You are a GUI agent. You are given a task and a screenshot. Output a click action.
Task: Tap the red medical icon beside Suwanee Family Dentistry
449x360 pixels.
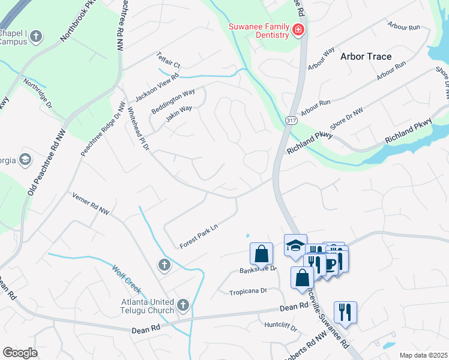tap(298, 29)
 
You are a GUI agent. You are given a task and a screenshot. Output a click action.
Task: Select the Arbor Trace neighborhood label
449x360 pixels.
tap(366, 56)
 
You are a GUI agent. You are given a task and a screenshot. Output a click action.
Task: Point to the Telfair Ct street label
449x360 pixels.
tap(169, 59)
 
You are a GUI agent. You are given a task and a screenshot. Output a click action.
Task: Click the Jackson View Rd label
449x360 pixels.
tap(157, 87)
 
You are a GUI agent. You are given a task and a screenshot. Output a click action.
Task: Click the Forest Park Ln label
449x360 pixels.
tap(197, 237)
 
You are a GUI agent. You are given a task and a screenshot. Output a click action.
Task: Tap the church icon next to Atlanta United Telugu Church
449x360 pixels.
tap(183, 306)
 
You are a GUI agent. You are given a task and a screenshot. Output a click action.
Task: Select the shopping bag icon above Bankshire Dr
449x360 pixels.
tap(262, 253)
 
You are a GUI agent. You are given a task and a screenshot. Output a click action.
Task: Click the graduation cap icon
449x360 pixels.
tap(295, 245)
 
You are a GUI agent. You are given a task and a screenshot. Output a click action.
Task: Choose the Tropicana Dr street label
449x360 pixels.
tap(247, 292)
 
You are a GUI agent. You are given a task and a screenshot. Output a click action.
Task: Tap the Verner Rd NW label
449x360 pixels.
tap(91, 203)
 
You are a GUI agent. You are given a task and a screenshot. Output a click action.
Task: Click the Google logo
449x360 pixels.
tap(20, 352)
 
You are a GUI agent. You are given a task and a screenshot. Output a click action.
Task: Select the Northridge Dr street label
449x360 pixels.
tap(37, 92)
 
